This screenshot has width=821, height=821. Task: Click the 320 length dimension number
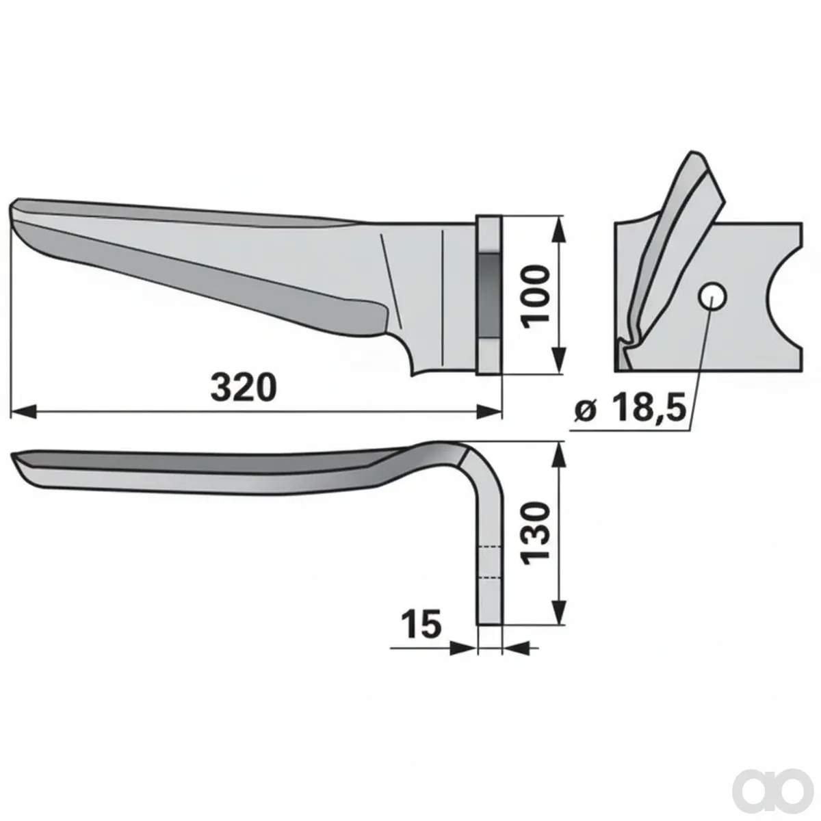(x=244, y=387)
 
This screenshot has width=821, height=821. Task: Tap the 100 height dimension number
(x=535, y=296)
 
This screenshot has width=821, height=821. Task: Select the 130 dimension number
(x=536, y=533)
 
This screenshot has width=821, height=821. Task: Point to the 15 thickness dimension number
(x=422, y=625)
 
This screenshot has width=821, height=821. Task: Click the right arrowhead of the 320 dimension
(x=488, y=412)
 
